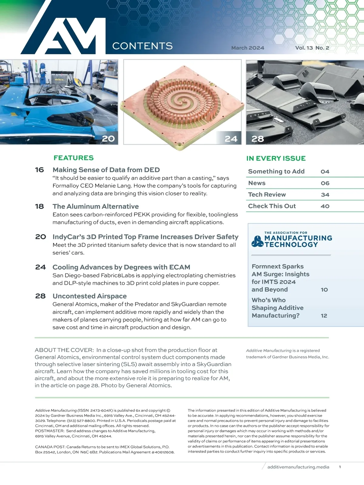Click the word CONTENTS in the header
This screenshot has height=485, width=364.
(142, 46)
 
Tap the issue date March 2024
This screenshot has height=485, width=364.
(248, 48)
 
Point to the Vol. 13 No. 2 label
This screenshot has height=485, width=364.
(312, 48)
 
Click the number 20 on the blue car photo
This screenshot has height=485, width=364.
(108, 139)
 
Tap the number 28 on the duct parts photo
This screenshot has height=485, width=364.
(258, 139)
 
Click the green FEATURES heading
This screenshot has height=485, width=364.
(74, 158)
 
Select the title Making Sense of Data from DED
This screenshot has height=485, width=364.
(106, 170)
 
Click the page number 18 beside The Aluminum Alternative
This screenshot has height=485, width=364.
(39, 206)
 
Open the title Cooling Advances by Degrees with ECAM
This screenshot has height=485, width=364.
(121, 267)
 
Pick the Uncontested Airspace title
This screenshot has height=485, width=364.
(89, 296)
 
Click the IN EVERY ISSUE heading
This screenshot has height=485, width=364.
(276, 158)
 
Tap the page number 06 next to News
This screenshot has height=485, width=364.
(325, 183)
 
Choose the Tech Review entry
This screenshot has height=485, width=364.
(267, 195)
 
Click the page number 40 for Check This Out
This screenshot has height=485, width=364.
(325, 206)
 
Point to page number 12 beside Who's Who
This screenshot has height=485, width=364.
(324, 316)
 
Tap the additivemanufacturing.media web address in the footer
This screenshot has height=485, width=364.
(298, 467)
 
